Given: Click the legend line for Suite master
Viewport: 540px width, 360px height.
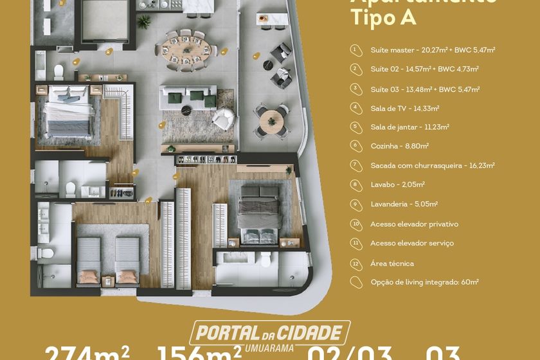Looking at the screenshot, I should (x=432, y=50).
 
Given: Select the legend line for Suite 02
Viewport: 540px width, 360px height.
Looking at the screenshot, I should (x=424, y=69).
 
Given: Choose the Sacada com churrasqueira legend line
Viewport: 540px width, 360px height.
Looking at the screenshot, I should (x=432, y=165).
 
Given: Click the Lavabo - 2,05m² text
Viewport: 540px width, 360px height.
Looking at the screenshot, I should (x=397, y=184).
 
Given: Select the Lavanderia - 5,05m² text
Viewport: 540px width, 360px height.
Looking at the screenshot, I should (x=404, y=204).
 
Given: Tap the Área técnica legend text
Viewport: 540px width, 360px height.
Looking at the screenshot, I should (x=392, y=263).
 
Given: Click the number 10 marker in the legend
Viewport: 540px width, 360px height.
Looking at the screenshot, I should (x=355, y=224).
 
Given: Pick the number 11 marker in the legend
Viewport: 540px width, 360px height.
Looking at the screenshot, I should (x=355, y=243).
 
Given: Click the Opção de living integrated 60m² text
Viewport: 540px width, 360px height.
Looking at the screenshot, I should (x=424, y=282).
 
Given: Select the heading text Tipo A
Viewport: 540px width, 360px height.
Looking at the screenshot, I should (x=383, y=17).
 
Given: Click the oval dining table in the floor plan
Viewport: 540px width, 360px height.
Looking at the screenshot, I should (x=185, y=48).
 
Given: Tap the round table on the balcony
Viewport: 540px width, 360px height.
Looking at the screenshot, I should (x=271, y=118).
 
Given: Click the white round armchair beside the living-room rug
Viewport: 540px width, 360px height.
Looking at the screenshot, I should (x=223, y=118).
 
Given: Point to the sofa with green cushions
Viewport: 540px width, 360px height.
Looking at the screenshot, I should (x=187, y=96).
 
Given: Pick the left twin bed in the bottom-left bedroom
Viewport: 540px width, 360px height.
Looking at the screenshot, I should (x=89, y=258).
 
